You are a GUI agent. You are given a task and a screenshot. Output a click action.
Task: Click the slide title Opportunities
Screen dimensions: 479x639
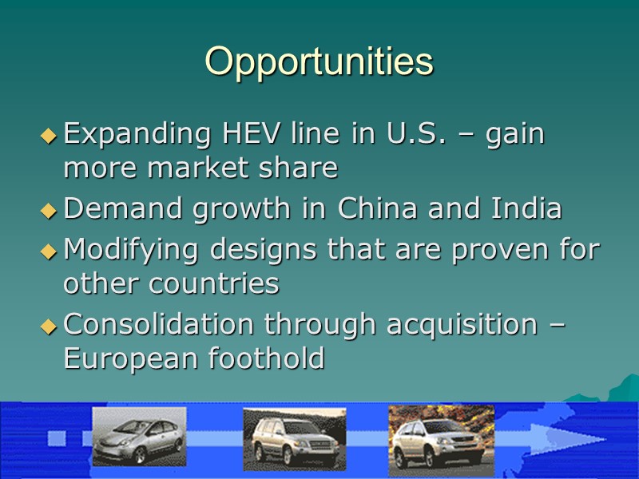click(319, 61)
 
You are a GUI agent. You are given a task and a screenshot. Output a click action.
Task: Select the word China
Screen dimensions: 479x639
click(381, 209)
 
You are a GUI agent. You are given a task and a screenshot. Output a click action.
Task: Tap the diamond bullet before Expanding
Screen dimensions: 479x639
click(49, 137)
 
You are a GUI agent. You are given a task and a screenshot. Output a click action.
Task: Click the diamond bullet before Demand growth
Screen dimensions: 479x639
click(49, 212)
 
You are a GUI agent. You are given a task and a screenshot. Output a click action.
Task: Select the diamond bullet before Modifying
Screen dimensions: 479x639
click(49, 252)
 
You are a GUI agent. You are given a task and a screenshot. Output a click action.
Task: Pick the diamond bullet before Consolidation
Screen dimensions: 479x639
click(49, 327)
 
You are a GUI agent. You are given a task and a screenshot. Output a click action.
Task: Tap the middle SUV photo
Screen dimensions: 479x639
click(294, 438)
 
